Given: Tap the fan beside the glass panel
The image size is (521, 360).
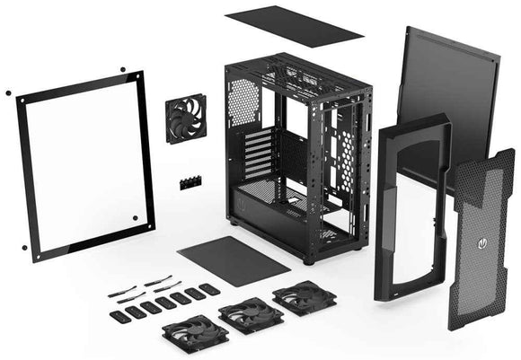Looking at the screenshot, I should tap(185, 119).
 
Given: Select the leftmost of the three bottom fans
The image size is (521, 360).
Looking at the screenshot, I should tap(195, 333).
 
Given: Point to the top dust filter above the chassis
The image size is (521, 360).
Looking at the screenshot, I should tap(293, 26).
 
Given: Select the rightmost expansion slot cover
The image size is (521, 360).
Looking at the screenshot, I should tap(209, 288).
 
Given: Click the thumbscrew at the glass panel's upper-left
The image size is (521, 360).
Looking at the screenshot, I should tap(8, 92).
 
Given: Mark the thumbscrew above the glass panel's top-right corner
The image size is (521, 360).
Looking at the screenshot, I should tap(121, 67).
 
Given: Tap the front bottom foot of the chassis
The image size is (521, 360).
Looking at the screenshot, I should tap(309, 261).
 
